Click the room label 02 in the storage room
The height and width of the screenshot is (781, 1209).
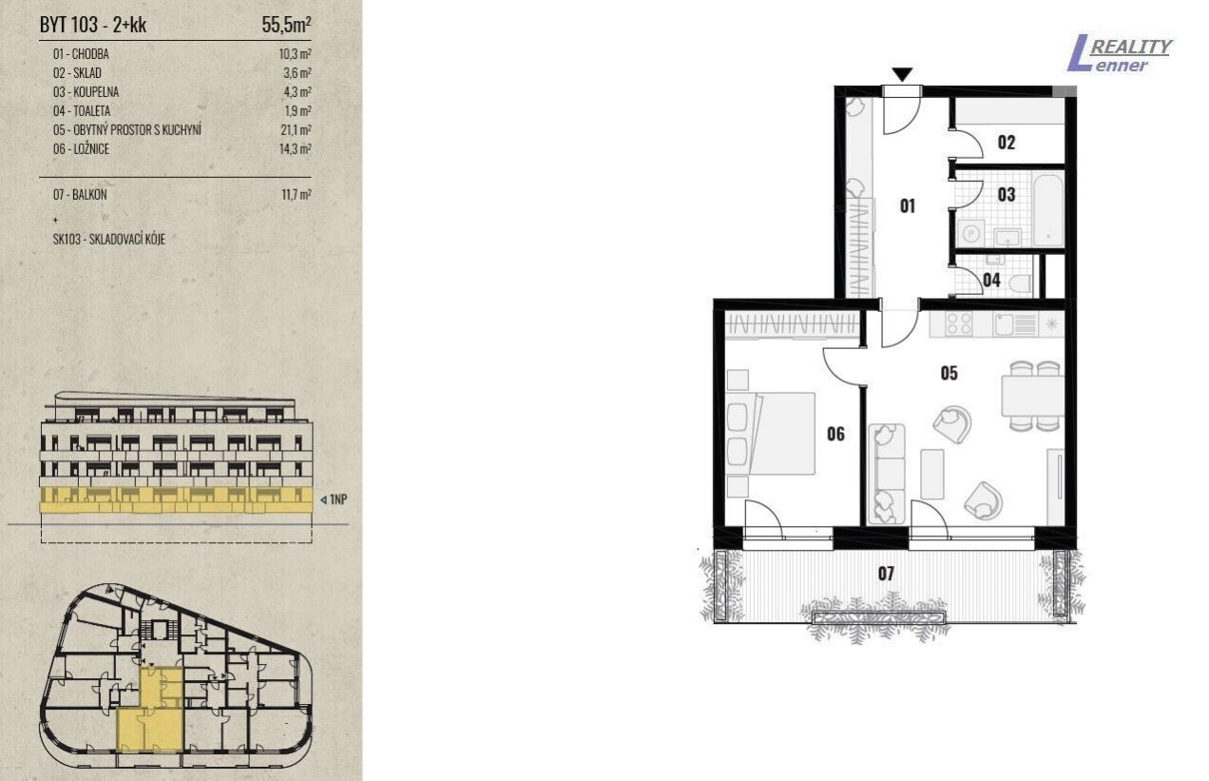pyautogui.click(x=1006, y=143)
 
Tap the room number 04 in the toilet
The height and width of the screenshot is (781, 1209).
pyautogui.click(x=991, y=281)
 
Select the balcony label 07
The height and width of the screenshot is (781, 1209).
pyautogui.click(x=886, y=573)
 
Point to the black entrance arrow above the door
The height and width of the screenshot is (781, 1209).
pyautogui.click(x=902, y=74)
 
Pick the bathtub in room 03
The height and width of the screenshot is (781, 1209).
pyautogui.click(x=1048, y=208)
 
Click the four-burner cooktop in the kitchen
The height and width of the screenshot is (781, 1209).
pyautogui.click(x=959, y=324)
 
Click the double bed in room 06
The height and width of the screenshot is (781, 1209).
pyautogui.click(x=771, y=434)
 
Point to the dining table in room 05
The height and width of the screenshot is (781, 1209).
pyautogui.click(x=1032, y=396)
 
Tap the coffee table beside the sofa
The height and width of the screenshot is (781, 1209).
pyautogui.click(x=932, y=474)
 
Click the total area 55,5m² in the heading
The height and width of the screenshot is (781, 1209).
pyautogui.click(x=287, y=25)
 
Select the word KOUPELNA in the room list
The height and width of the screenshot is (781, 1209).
pyautogui.click(x=96, y=92)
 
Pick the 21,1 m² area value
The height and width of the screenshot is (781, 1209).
pyautogui.click(x=296, y=129)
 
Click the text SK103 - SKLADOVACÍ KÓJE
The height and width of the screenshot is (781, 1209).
pyautogui.click(x=109, y=239)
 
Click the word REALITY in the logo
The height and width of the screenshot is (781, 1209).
pyautogui.click(x=1130, y=47)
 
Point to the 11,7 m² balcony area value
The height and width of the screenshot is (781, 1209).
pyautogui.click(x=297, y=194)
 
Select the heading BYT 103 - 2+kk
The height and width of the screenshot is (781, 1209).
pyautogui.click(x=93, y=25)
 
